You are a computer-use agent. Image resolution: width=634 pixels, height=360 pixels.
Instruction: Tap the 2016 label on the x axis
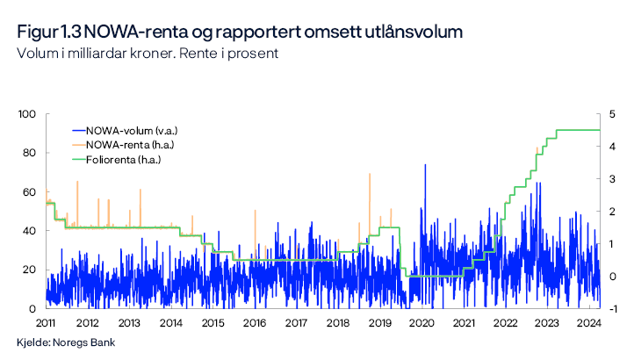point(254,322)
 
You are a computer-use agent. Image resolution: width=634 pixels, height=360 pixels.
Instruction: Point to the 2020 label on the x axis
point(421,322)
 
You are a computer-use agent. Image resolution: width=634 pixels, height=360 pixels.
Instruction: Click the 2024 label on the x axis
point(588,322)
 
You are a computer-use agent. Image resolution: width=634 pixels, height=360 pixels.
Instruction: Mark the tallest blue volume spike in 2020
point(426,165)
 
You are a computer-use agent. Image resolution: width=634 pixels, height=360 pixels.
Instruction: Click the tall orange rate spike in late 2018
point(369,175)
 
